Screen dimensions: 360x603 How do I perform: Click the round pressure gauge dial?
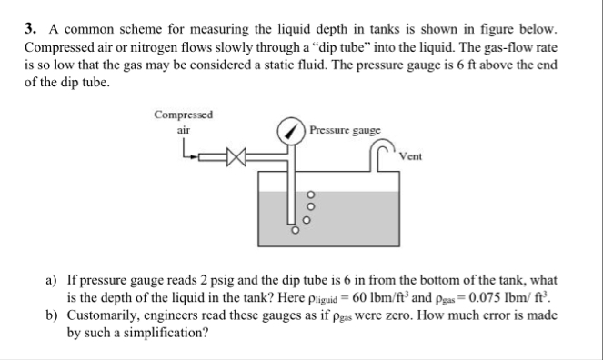click(293, 132)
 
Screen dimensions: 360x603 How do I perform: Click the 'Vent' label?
click(411, 156)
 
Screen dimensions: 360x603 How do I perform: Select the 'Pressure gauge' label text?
click(345, 130)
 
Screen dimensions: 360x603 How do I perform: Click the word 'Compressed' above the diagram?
click(185, 115)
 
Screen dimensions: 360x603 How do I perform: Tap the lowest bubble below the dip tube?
click(293, 233)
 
